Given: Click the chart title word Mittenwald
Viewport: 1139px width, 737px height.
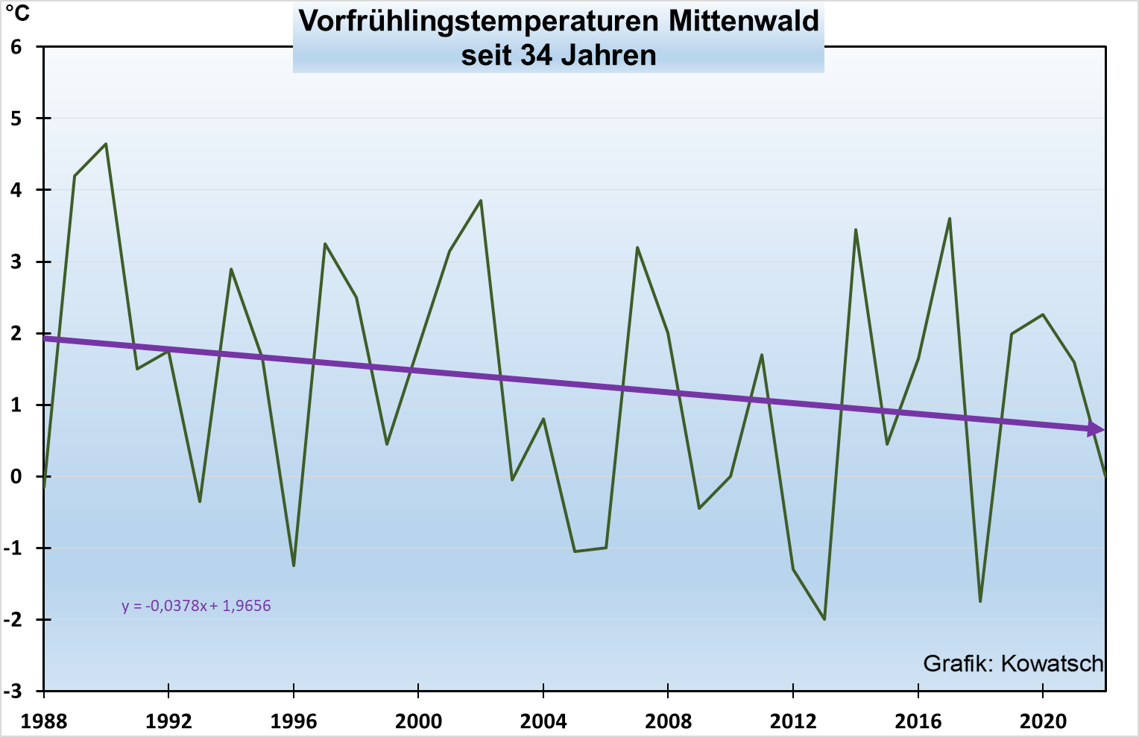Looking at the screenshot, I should coord(743,21).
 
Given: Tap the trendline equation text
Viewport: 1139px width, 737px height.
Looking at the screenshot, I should coord(196,606).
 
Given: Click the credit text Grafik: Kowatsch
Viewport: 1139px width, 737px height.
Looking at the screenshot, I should coord(1012,663).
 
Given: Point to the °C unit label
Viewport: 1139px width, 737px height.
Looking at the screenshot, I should coord(18,13).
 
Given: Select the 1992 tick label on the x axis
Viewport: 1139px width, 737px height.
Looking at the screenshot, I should coord(168,721).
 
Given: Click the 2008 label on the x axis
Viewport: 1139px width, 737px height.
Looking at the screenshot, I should coord(668,721).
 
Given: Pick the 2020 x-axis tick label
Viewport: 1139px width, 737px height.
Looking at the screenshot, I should coord(1042,721).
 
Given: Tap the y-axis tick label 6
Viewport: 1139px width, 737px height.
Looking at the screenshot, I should coord(16,47).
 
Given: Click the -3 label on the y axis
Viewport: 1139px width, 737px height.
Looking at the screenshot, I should coord(13,692).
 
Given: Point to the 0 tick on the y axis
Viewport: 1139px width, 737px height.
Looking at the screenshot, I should coord(16,477).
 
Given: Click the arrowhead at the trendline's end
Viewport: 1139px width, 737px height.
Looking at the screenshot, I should coord(1097,429).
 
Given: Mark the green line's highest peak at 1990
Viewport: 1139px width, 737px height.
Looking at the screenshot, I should coord(106,144).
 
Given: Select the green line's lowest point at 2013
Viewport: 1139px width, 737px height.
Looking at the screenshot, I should coord(824,619).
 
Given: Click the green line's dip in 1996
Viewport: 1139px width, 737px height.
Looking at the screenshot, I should coord(294,566).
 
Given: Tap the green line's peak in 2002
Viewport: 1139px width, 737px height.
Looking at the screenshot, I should coord(481,200).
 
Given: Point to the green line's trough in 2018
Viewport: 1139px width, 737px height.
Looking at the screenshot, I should coord(980,601).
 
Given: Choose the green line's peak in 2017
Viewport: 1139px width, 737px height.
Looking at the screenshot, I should coord(949,218).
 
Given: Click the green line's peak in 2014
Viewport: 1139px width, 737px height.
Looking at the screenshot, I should coord(856,230).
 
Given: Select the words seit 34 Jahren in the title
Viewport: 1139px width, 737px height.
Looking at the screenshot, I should coord(558,55).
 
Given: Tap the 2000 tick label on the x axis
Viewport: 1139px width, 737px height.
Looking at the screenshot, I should coord(418,721).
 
